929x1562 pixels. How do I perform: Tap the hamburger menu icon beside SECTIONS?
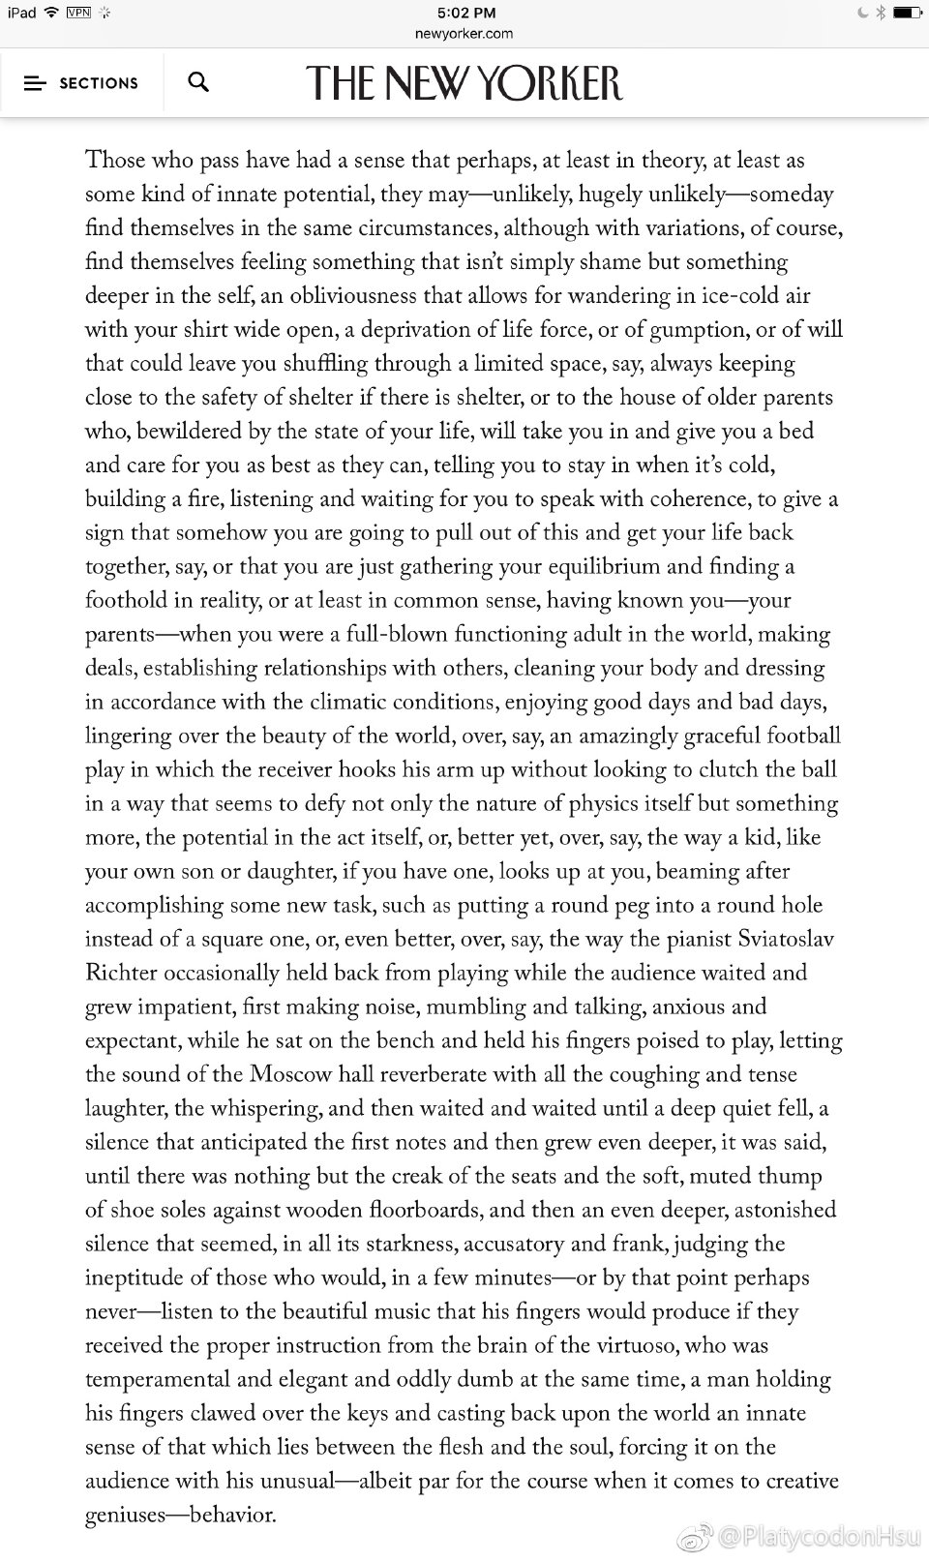tap(35, 83)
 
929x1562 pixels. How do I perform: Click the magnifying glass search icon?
tap(198, 82)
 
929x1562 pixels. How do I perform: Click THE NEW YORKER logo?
tap(464, 83)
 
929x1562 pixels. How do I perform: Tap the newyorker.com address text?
tap(464, 34)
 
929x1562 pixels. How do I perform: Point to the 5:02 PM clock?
tap(465, 13)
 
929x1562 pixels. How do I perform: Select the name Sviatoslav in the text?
tap(787, 939)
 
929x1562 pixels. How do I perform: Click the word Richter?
tap(121, 973)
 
